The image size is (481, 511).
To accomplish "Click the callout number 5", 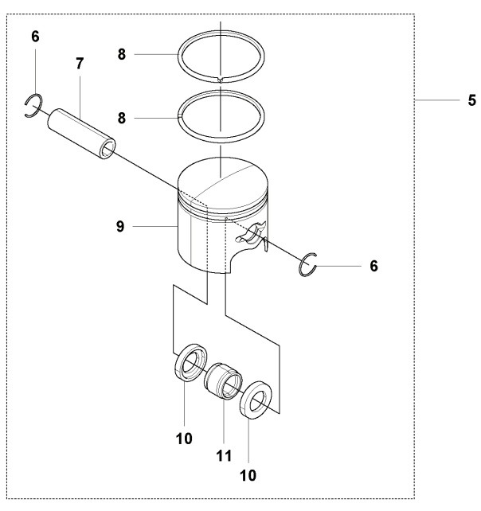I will click(471, 100).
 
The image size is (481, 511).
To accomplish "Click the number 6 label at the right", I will click(373, 266).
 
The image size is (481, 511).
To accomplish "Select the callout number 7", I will click(80, 63).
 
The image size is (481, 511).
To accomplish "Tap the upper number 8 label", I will click(122, 54).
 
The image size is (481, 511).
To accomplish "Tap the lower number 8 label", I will click(122, 117).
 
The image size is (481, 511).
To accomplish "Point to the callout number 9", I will click(119, 227).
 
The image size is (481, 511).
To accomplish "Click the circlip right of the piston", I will click(309, 265).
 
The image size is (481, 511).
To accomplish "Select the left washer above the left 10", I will click(190, 365).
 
